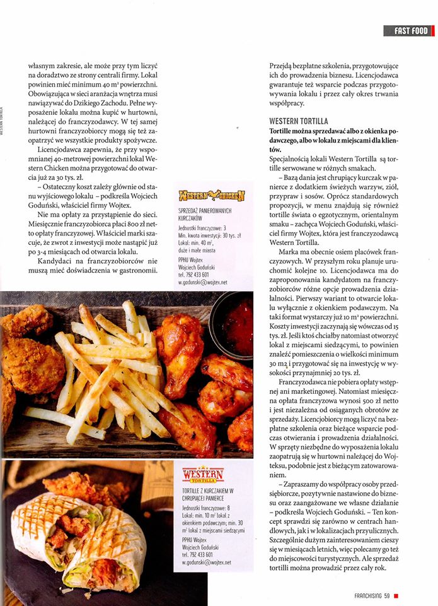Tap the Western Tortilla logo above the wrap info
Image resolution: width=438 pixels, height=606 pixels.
coord(202,474)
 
